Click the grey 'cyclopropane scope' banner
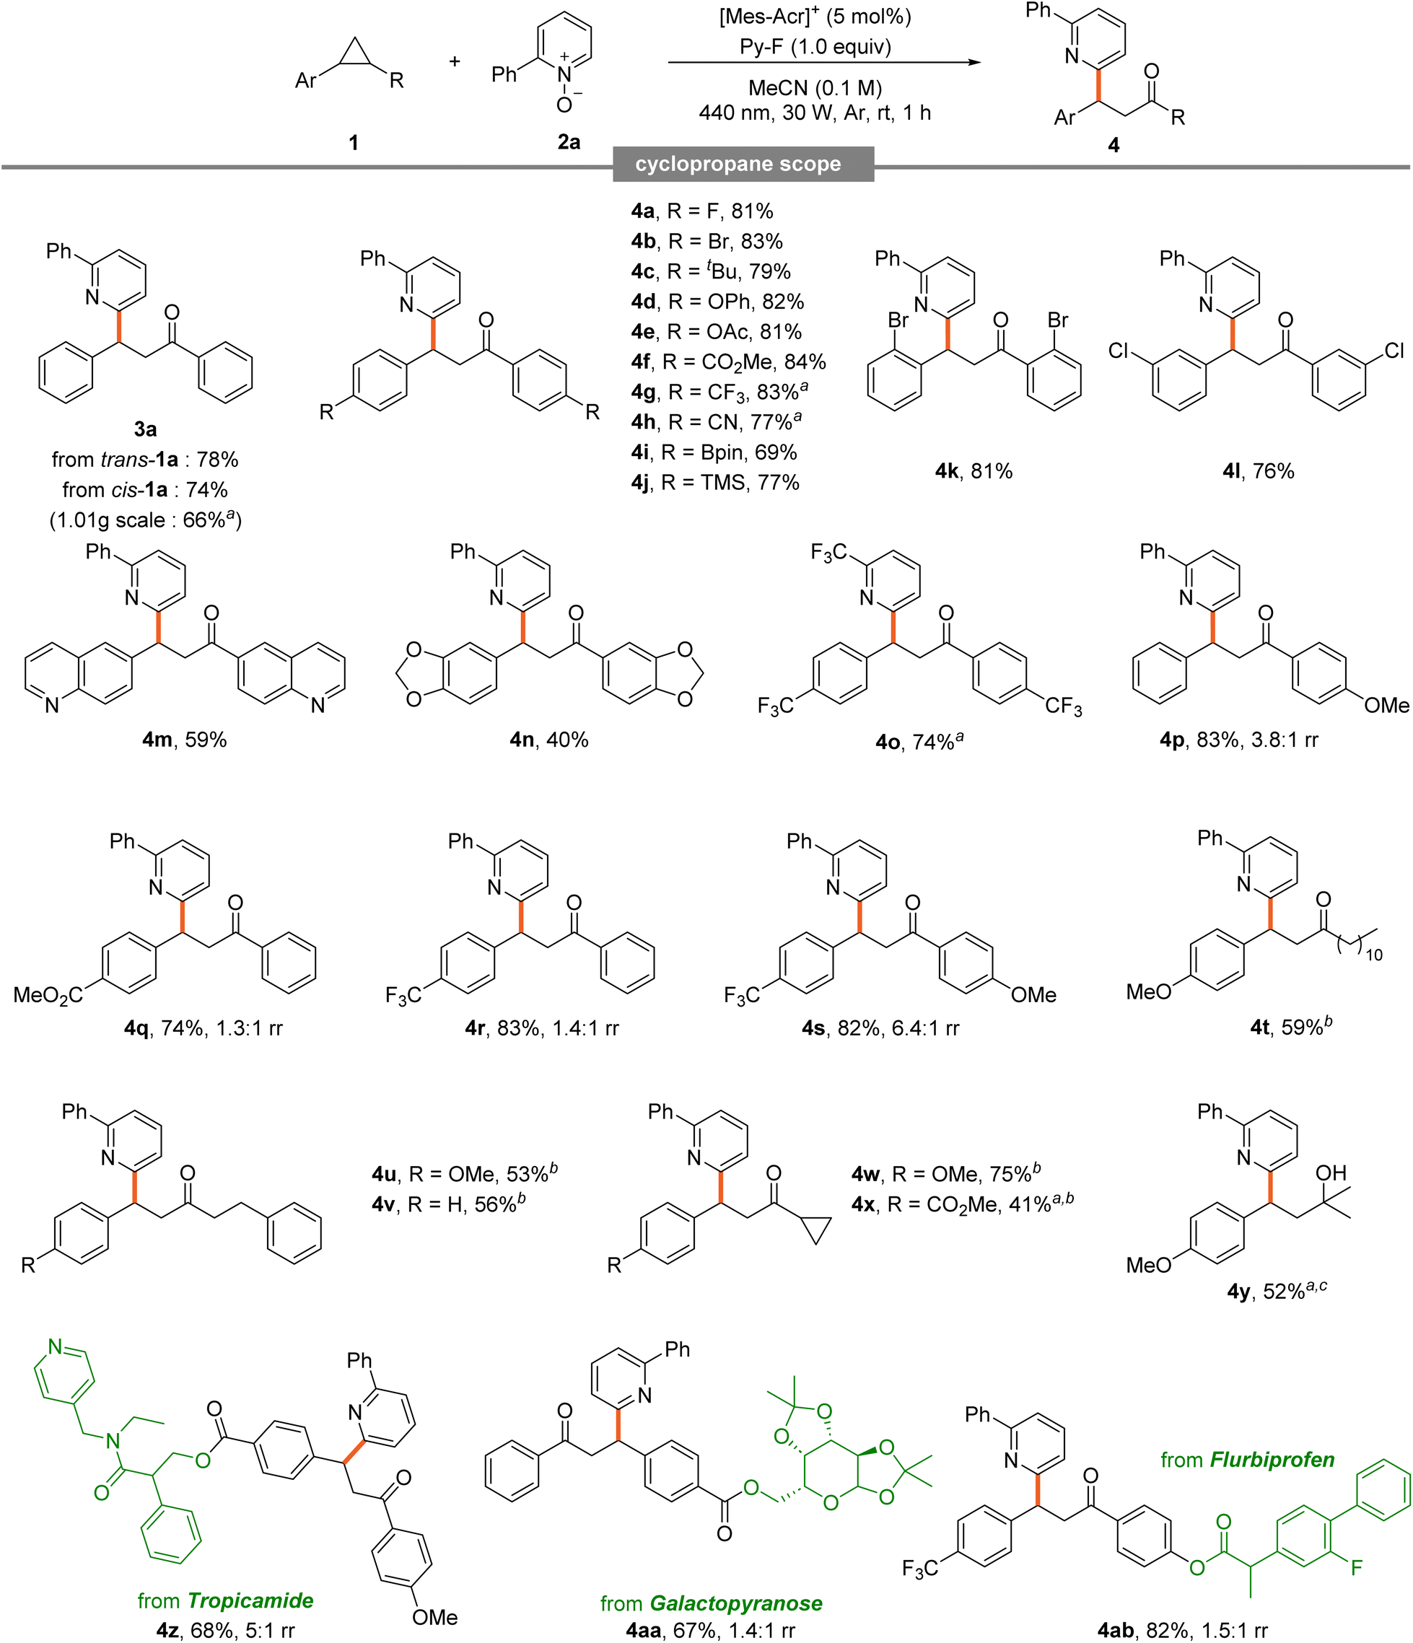(x=743, y=164)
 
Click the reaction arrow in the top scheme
(x=825, y=62)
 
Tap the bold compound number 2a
(x=569, y=142)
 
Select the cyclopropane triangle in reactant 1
(x=354, y=53)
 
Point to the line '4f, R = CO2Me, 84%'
(x=729, y=362)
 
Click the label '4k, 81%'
(x=974, y=471)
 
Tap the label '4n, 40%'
(x=548, y=740)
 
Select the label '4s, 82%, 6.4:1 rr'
(x=880, y=1028)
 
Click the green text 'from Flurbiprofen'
(x=1247, y=1459)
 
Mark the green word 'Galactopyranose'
(x=736, y=1603)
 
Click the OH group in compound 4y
(x=1331, y=1173)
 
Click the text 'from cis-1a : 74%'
(x=145, y=490)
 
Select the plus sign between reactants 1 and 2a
(x=455, y=61)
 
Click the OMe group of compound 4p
(x=1387, y=706)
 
